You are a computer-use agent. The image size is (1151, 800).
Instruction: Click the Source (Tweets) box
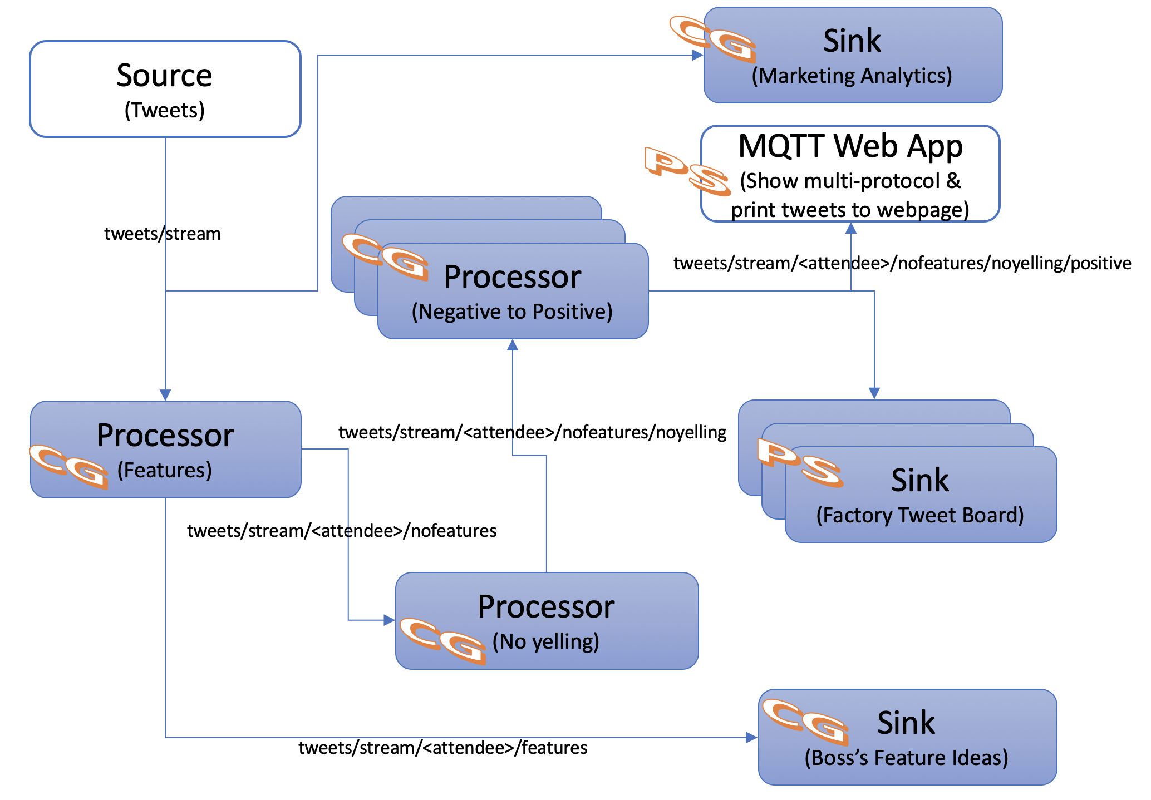pos(165,89)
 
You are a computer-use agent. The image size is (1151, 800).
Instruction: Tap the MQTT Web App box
pos(850,174)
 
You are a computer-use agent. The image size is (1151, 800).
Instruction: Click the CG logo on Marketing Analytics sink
pos(713,39)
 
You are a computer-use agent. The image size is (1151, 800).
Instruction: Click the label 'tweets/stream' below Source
pos(163,234)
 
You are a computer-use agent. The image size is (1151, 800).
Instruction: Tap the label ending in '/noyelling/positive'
pos(902,263)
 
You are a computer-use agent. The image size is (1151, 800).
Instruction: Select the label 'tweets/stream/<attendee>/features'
pos(442,748)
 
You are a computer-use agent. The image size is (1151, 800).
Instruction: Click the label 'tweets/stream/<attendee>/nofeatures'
pos(342,531)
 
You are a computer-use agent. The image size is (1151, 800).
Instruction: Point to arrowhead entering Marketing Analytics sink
pos(697,55)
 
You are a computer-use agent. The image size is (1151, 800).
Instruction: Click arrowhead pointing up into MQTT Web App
pos(850,228)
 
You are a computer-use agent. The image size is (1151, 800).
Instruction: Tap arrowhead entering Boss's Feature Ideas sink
pos(751,738)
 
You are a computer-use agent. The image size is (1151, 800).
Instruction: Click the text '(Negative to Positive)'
pos(512,312)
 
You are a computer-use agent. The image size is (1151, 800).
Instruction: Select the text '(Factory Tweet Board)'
pos(920,515)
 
